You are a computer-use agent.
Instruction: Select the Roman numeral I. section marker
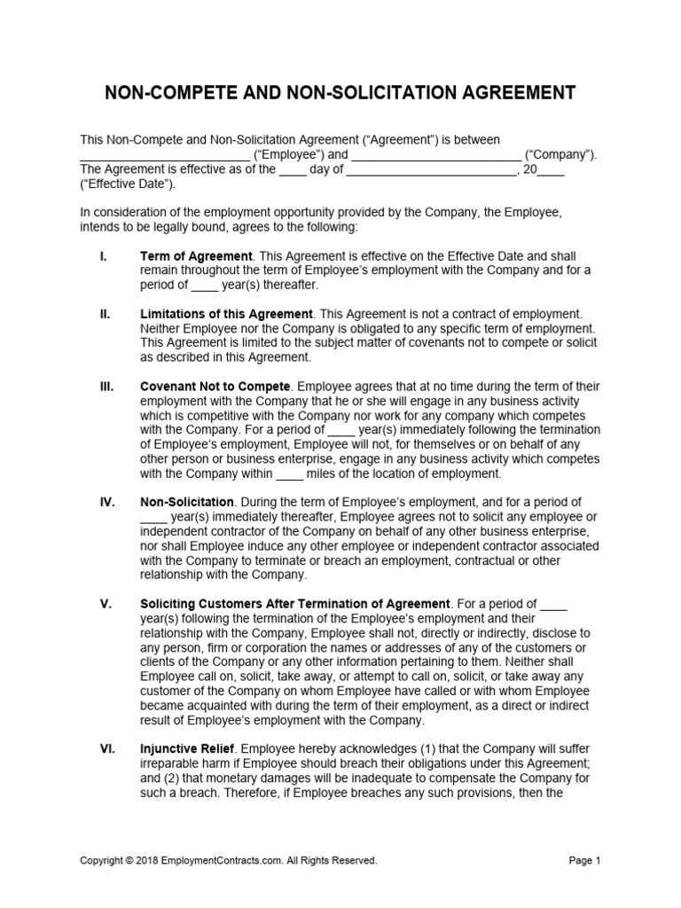tap(104, 256)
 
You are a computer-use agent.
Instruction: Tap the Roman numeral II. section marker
tap(106, 314)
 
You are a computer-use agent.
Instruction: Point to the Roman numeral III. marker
tap(107, 387)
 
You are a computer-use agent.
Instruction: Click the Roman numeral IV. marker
tap(107, 502)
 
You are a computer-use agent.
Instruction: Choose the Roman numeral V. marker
tap(106, 604)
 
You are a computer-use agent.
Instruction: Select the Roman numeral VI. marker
tap(107, 749)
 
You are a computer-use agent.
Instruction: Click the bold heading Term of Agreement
tap(196, 256)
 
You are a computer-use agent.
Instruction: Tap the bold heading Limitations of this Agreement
tap(226, 314)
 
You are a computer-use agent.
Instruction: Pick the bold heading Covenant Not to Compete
tap(215, 387)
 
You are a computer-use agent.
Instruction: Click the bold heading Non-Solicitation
tap(187, 502)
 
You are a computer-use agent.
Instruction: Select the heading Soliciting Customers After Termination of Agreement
tap(295, 604)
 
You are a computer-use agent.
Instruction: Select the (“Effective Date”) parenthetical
tap(128, 184)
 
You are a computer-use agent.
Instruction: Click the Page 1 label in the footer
tap(583, 860)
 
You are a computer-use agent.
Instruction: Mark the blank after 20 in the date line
tap(551, 170)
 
